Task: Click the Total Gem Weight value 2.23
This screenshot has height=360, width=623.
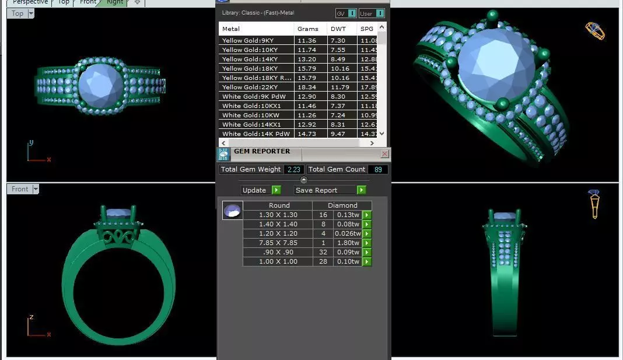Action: pos(293,169)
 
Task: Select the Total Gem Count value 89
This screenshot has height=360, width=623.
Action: pos(378,169)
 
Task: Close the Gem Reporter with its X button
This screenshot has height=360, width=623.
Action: pos(384,154)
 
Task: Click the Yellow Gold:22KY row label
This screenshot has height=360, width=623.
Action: pos(256,87)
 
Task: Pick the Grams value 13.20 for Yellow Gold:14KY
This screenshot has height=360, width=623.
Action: pos(306,59)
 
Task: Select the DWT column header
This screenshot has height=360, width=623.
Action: pos(338,29)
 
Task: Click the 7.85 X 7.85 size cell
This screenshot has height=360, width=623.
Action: pos(278,243)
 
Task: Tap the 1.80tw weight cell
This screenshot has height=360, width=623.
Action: pos(348,243)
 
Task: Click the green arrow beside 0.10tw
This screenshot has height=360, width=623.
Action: pos(367,261)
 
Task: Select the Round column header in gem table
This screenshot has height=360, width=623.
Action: pos(279,205)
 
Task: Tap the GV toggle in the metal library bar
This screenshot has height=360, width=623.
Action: pos(345,13)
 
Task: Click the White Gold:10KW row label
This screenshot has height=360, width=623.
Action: pos(256,115)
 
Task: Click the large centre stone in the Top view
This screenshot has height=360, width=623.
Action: pos(101,86)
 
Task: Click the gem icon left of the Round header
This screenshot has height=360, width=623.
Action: pos(232,211)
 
